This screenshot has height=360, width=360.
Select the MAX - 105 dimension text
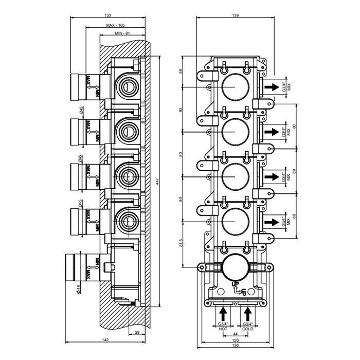tap(117, 25)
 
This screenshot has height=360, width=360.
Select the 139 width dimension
tap(235, 15)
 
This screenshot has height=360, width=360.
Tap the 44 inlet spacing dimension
tap(236, 334)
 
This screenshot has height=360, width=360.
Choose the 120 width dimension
tap(236, 340)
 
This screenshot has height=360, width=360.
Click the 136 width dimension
tap(236, 347)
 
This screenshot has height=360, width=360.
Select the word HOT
tap(224, 329)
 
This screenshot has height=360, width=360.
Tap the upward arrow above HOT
tap(224, 313)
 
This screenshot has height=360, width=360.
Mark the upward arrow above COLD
tap(248, 313)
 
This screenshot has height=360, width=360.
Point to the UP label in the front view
tap(235, 284)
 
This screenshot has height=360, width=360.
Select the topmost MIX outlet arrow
tap(272, 87)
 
